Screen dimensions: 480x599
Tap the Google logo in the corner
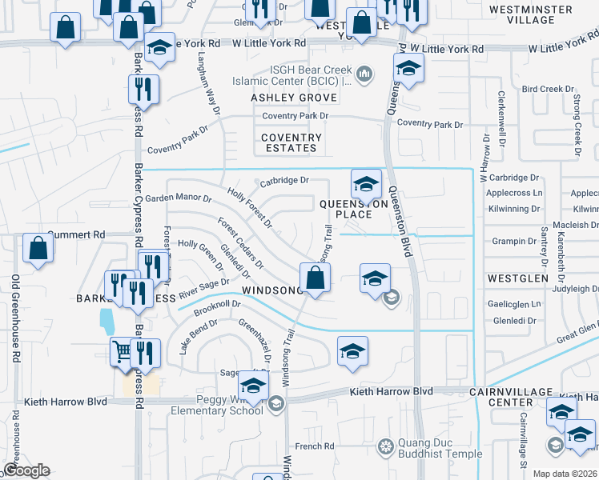26,470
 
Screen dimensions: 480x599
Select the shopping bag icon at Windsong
316,278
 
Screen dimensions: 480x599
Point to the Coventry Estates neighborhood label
291,142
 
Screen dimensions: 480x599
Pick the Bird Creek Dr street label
549,90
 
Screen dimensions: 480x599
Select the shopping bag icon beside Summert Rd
38,248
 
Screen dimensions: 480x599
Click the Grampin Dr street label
514,241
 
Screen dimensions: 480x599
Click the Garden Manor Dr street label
178,198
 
